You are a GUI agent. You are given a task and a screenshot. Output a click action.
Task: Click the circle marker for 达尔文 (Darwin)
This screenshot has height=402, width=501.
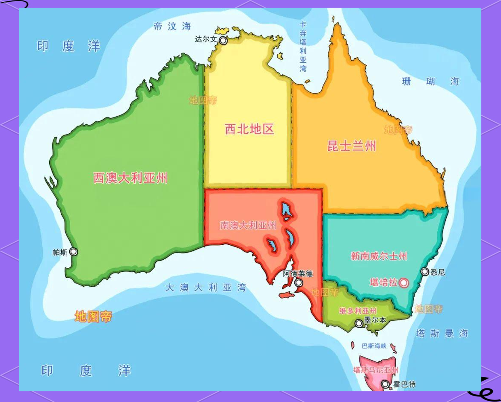223,40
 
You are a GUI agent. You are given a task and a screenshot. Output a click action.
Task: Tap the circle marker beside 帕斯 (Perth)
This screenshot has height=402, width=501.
74,252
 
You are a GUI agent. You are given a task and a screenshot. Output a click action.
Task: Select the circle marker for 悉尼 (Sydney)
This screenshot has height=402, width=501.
425,272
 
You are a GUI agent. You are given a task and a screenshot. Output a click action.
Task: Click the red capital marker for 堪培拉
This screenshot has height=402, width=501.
403,283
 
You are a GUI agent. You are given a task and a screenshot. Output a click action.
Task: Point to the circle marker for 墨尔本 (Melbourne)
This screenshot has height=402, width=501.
359,323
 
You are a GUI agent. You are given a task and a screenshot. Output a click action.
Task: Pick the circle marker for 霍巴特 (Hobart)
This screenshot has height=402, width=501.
385,384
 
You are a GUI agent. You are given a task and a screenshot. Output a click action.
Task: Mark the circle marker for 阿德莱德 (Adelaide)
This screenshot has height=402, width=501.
299,283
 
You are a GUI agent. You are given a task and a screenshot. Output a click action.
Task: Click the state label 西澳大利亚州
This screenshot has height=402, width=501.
130,178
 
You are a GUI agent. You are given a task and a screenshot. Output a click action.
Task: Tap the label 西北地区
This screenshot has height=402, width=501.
249,129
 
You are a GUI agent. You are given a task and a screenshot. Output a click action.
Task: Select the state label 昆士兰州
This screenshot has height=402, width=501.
352,146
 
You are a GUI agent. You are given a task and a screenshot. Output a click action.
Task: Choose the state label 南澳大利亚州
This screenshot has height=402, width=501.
248,225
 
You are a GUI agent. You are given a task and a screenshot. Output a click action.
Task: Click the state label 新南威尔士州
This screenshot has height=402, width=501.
379,256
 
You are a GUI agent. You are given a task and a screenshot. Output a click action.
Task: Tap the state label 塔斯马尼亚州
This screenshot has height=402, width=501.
376,370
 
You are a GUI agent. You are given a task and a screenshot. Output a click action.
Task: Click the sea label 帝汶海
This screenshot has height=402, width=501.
172,26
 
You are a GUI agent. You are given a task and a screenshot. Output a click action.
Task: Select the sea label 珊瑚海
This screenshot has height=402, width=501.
430,81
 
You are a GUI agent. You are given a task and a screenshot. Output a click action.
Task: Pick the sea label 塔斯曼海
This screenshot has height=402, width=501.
442,334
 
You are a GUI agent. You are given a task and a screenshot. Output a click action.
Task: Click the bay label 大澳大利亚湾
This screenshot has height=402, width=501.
206,288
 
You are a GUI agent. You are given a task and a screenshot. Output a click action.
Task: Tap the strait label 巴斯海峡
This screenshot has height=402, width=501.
374,346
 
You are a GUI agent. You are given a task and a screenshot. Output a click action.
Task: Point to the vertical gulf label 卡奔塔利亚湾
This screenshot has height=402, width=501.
303,47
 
